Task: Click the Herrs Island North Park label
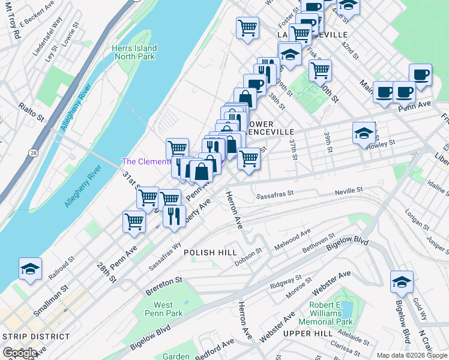[134, 53]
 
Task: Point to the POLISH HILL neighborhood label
[210, 253]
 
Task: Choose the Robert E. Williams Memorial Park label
[330, 313]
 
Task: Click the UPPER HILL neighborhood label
[307, 333]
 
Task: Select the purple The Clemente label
[147, 161]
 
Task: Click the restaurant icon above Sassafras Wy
[173, 217]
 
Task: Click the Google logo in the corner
[19, 353]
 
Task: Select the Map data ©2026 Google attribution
[412, 355]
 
